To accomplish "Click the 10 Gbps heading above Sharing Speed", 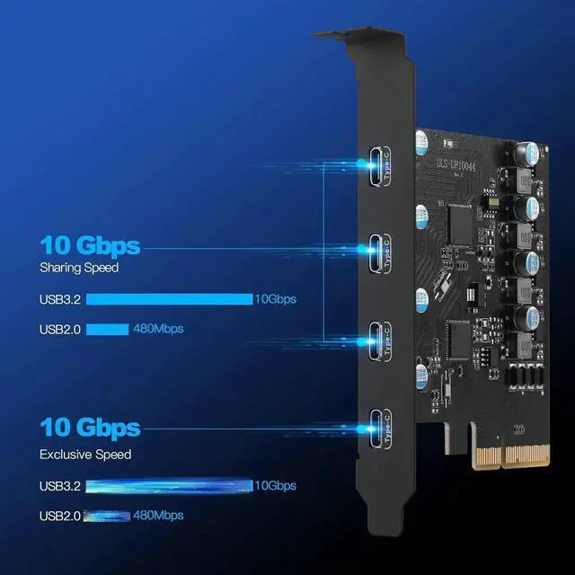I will pos(90,245).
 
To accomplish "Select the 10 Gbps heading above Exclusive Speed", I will pos(90,428).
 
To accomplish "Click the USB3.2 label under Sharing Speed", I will pos(60,299).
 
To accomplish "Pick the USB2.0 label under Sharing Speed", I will pos(60,329).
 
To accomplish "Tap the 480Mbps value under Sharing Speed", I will pos(159,329).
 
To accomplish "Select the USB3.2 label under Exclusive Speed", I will pos(60,486).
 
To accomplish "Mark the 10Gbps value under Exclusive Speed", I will pos(275,486).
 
